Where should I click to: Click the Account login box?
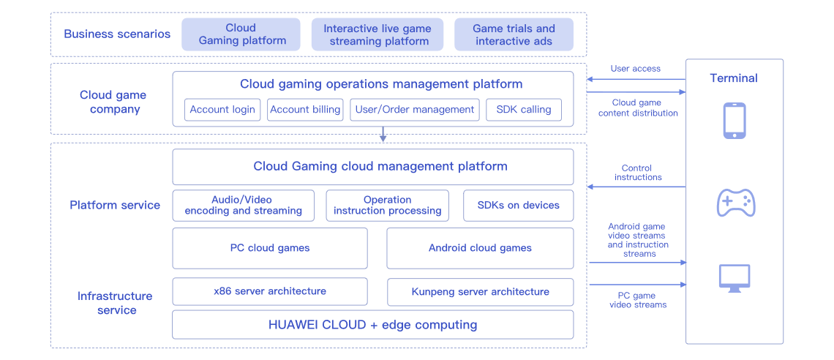pos(222,110)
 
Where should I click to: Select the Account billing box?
pos(305,110)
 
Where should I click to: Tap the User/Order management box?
pos(414,110)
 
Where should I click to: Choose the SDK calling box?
pos(523,110)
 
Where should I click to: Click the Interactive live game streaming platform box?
pos(377,34)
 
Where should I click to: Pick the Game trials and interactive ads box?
pos(513,34)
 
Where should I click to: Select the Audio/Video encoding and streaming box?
pos(243,206)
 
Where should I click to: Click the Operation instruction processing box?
pos(387,206)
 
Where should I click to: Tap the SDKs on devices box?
pos(518,206)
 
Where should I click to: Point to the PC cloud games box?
pos(269,248)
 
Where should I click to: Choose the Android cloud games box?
pos(480,248)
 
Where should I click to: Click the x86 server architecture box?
pos(269,291)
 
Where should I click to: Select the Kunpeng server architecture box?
pos(480,291)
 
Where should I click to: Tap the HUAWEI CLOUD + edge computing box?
pos(372,325)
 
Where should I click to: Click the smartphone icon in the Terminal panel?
pos(734,121)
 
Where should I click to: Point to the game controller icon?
pos(735,203)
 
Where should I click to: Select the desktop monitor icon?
pos(735,279)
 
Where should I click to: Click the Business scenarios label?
pos(117,34)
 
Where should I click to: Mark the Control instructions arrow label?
pos(638,173)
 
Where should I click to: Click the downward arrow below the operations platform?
pos(383,136)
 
